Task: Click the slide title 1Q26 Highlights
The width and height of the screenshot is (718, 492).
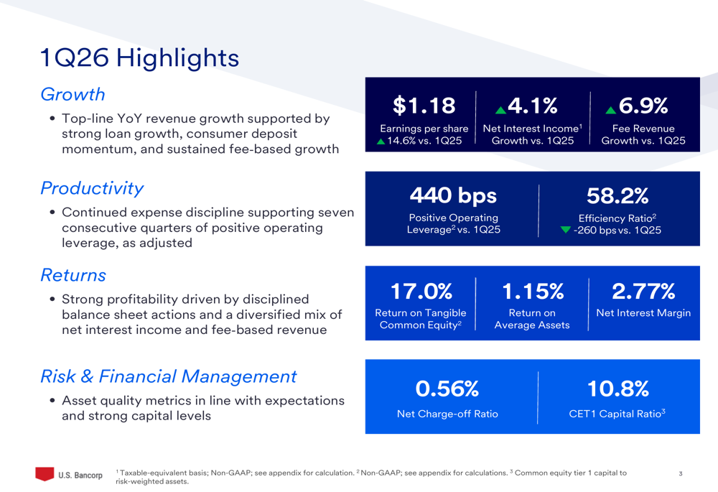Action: coord(139,57)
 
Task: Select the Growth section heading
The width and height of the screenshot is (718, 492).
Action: coord(73,94)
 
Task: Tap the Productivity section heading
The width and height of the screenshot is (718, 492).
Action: coord(92,188)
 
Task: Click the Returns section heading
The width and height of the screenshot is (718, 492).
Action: coord(73,275)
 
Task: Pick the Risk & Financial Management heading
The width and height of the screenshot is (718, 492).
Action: coord(168,376)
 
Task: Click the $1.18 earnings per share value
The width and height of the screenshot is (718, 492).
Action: coord(424,106)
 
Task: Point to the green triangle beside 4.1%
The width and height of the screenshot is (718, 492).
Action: coord(500,109)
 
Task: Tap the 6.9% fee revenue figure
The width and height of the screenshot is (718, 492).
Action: coord(643,106)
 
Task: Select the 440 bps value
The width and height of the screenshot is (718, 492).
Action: coord(453,195)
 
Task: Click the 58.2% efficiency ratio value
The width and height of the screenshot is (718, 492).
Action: coord(617,195)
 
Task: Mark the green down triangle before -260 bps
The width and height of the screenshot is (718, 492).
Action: coord(565,230)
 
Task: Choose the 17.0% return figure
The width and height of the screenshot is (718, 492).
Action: coord(421,291)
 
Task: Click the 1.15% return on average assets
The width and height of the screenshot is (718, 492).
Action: coord(532,291)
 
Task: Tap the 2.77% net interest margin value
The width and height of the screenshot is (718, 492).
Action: coord(643,291)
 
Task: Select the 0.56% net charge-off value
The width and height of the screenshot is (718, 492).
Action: coord(447,389)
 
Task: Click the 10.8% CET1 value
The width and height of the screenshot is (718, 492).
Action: coord(617,389)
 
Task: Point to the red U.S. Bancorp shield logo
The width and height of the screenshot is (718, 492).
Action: coord(45,474)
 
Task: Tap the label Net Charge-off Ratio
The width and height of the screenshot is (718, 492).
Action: coord(447,414)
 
